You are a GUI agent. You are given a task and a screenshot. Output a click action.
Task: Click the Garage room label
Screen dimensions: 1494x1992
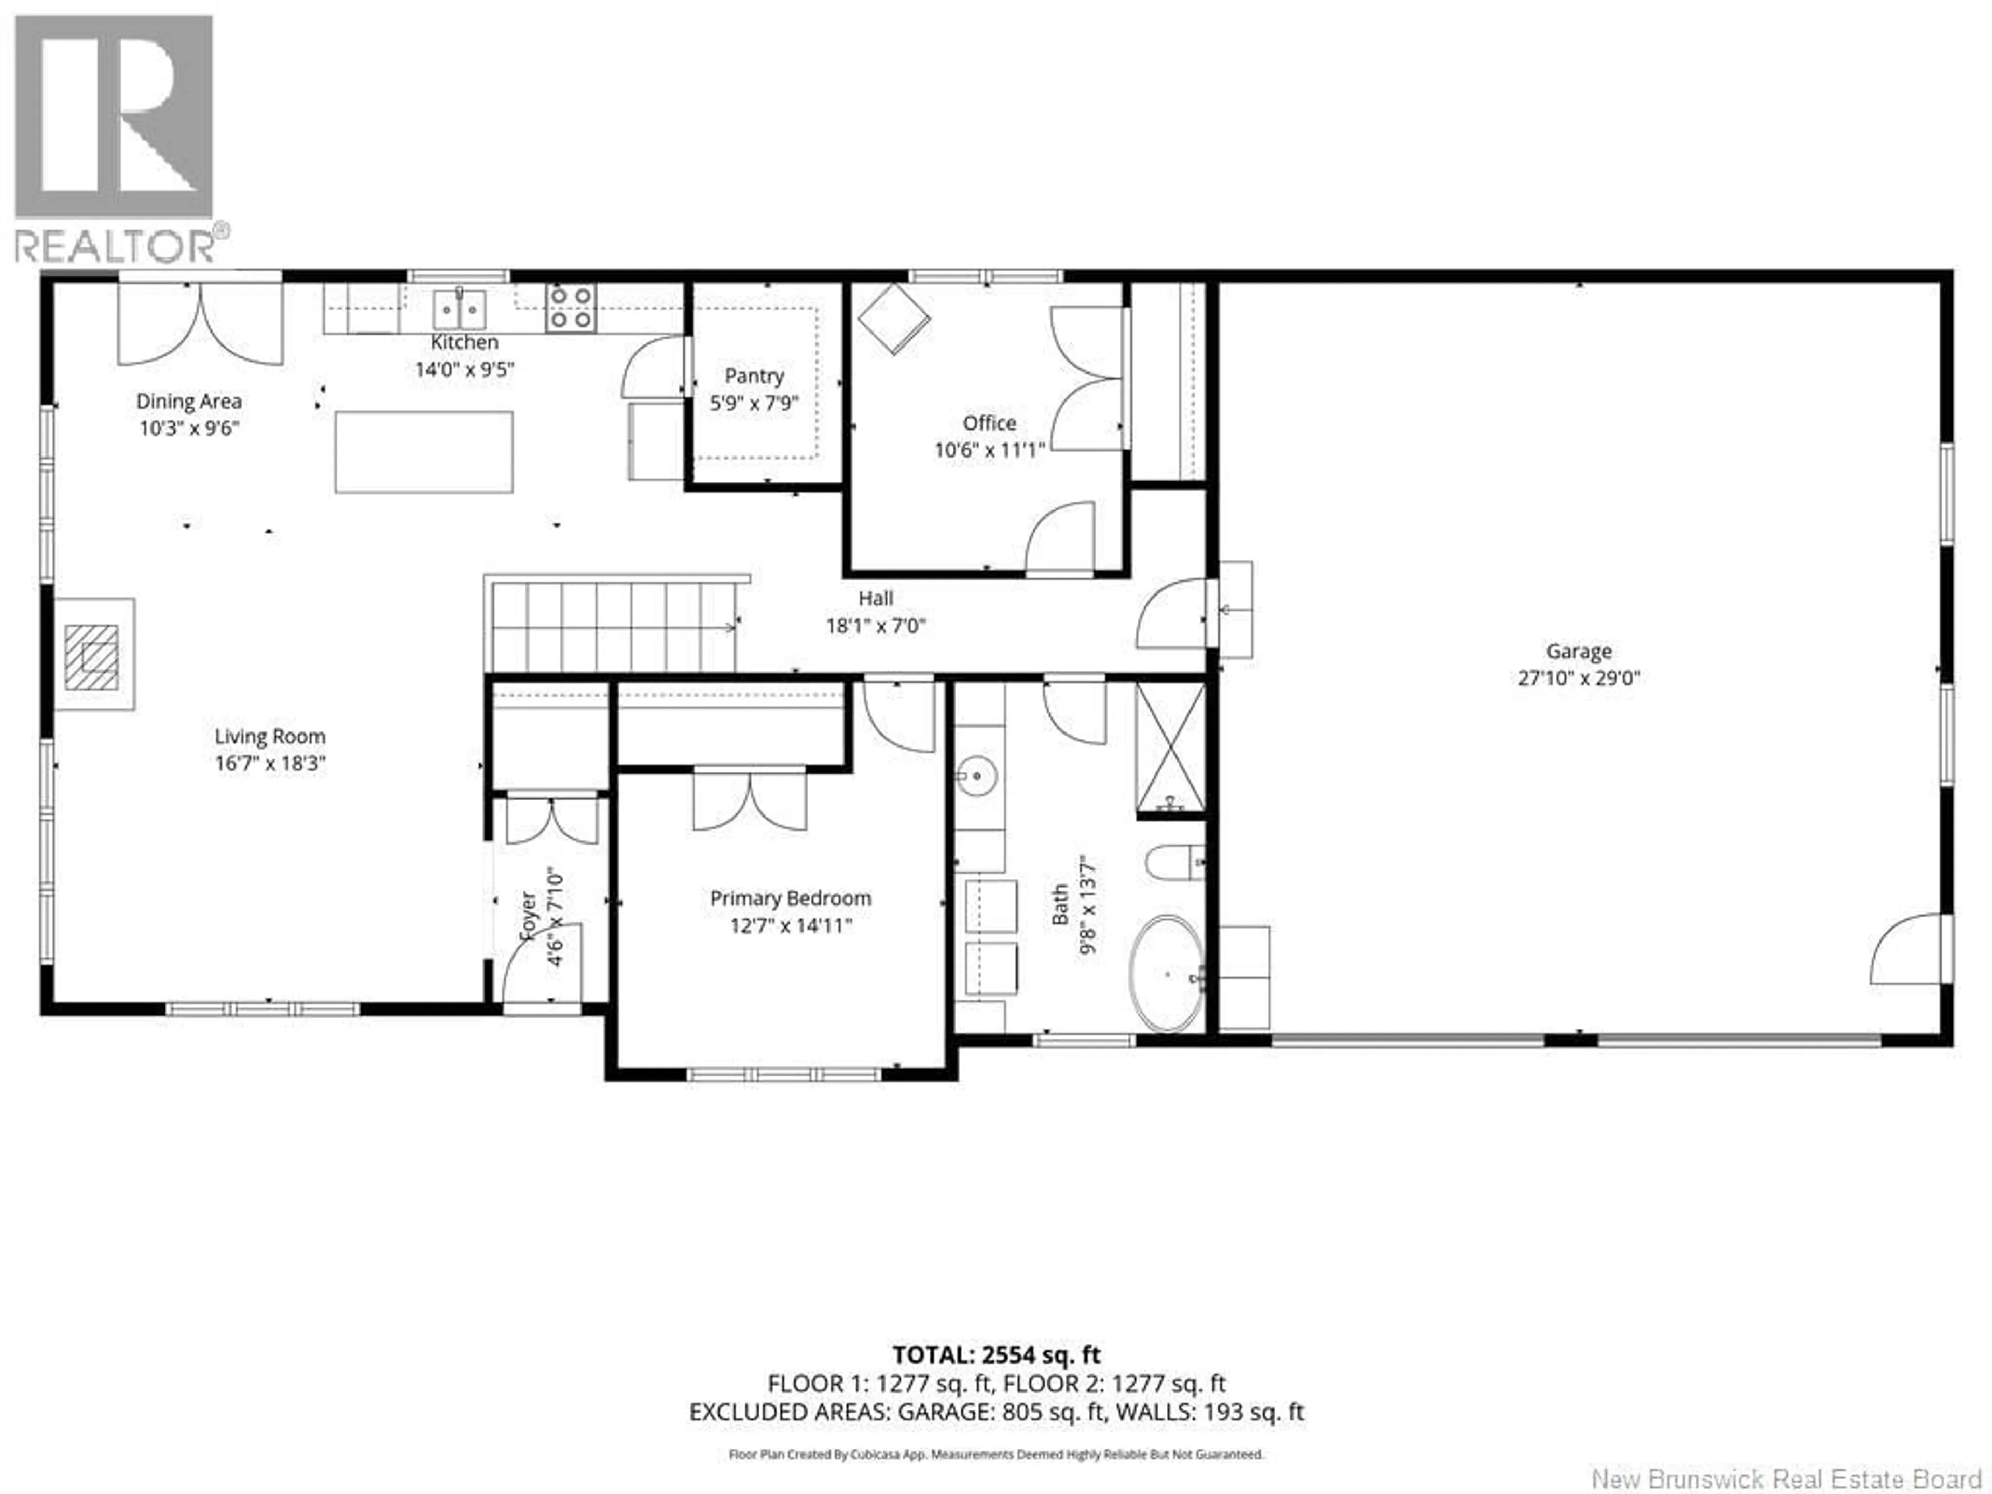1579,651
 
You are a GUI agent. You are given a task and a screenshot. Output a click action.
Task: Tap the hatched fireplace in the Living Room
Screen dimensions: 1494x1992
92,657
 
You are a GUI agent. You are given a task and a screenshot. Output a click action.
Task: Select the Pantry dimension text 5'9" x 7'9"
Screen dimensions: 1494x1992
754,403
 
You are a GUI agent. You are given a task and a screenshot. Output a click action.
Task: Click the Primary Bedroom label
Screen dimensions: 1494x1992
790,898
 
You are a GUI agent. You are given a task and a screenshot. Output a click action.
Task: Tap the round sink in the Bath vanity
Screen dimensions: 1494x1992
975,776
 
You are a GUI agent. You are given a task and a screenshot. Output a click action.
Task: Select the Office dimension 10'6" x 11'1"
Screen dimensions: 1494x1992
989,449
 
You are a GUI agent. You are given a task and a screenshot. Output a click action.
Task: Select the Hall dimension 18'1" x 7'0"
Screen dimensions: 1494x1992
875,625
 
